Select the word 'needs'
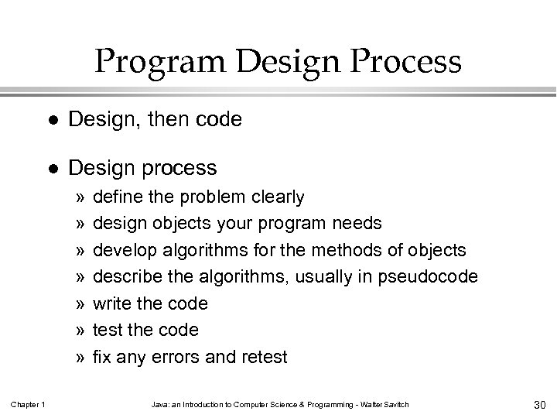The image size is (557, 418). [x=356, y=224]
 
